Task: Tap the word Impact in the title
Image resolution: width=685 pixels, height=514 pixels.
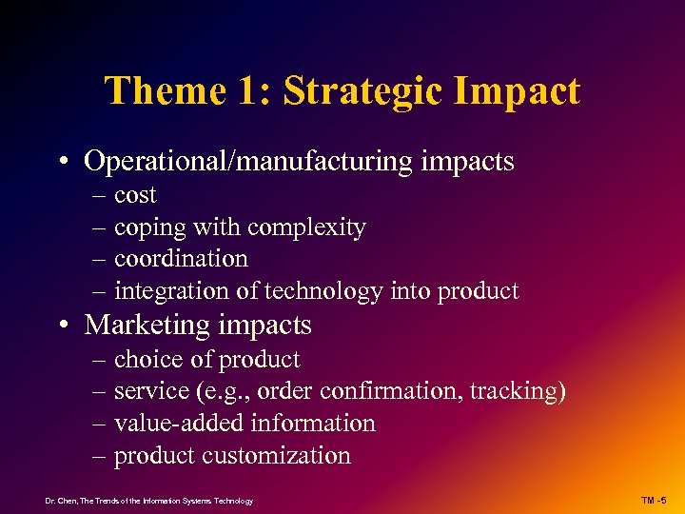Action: click(524, 92)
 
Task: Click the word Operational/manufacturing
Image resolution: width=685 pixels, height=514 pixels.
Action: click(238, 162)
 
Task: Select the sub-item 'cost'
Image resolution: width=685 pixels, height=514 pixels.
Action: click(135, 196)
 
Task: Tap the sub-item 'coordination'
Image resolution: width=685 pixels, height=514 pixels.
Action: click(181, 259)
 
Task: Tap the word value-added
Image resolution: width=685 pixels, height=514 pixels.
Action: click(172, 424)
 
